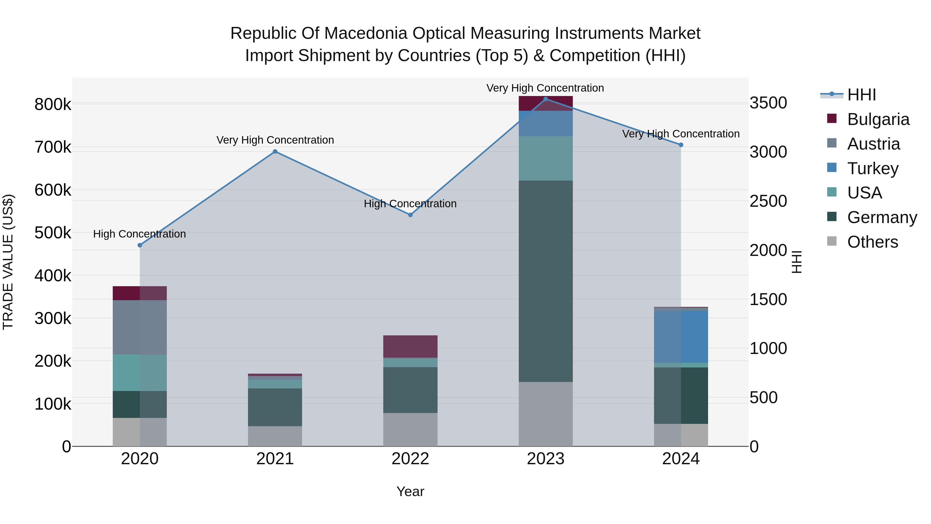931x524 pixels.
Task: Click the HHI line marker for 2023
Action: point(546,99)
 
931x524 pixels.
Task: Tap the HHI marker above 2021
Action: point(275,152)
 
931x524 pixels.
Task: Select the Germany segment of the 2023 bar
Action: point(546,281)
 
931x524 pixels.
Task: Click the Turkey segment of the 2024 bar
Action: point(681,336)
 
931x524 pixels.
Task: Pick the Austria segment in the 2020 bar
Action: point(140,327)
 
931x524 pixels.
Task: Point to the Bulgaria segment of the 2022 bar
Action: point(410,346)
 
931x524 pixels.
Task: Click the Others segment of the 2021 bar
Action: point(275,436)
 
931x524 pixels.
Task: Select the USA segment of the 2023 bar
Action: point(546,158)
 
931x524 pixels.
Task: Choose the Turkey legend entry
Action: point(873,168)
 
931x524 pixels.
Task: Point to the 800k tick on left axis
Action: point(53,105)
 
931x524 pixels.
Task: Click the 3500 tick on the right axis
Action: point(768,103)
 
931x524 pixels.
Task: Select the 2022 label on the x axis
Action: point(410,459)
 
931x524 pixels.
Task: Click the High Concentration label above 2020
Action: point(139,234)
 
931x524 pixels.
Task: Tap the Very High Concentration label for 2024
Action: point(681,134)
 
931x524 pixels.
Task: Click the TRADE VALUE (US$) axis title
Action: point(8,262)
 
